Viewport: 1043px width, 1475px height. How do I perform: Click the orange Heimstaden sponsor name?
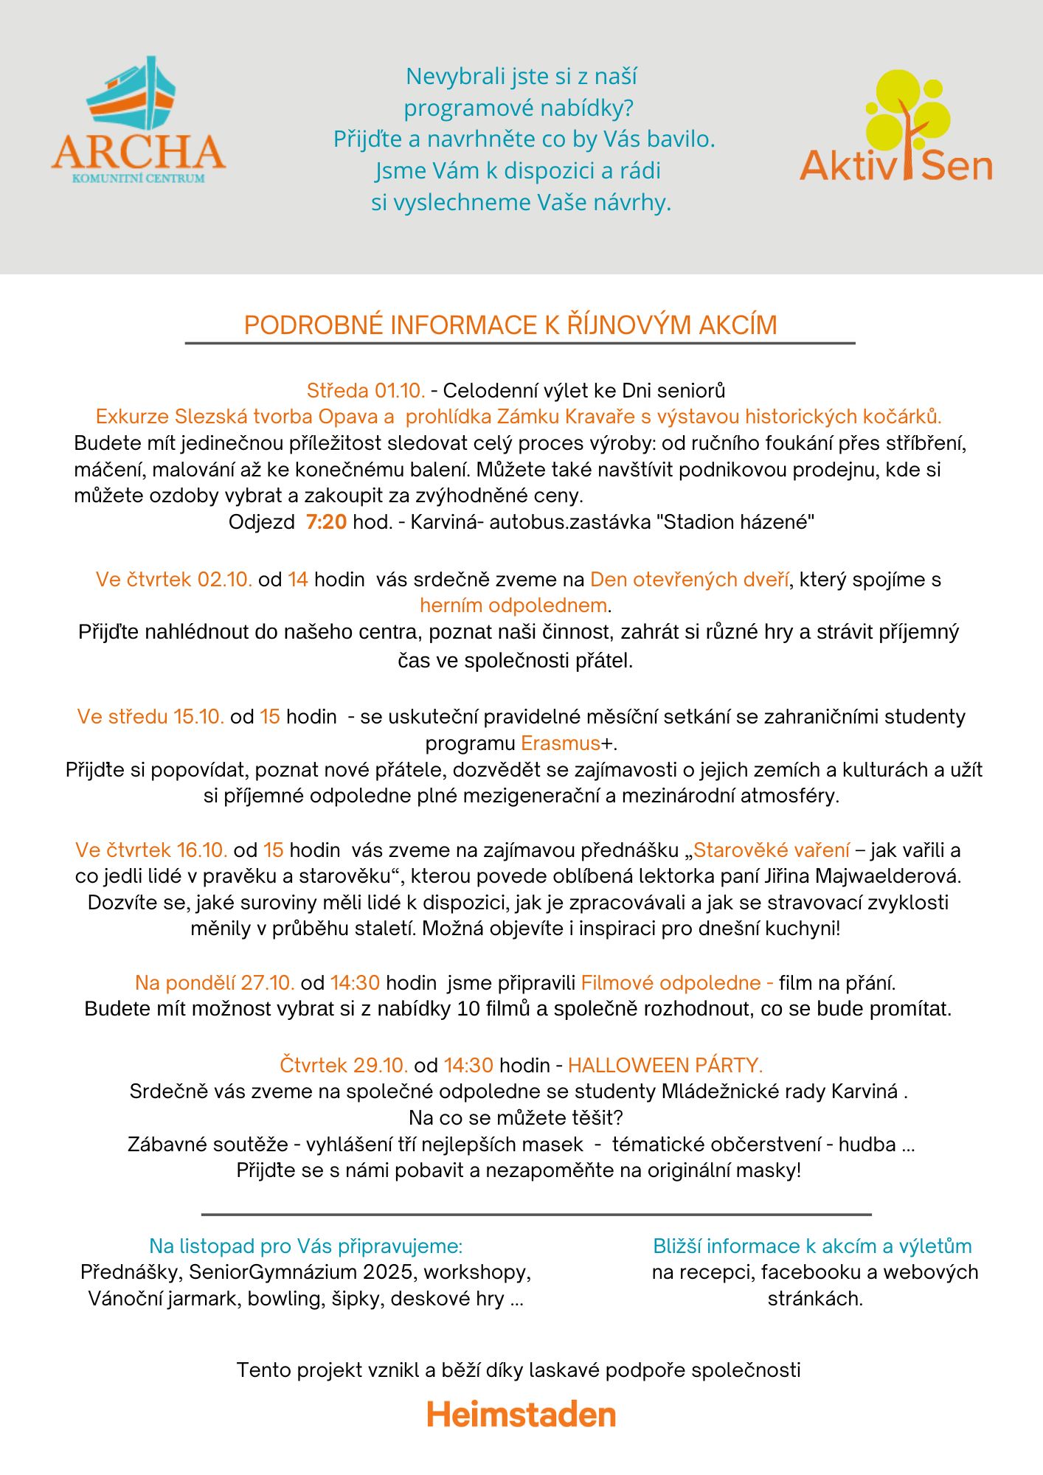(521, 1415)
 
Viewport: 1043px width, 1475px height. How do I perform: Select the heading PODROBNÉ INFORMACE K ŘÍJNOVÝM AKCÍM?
(510, 325)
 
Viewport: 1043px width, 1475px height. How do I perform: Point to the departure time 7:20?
(326, 522)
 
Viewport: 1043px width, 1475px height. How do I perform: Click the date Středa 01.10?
(366, 390)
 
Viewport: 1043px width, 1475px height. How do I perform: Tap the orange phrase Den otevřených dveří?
(690, 580)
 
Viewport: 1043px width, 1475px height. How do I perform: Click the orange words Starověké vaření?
(772, 850)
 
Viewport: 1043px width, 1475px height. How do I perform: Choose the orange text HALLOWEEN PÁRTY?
(665, 1065)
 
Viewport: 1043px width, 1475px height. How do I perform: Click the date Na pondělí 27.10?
(215, 982)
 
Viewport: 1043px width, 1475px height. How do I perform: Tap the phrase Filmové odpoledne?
(671, 982)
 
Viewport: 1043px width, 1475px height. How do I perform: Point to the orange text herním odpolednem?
(514, 605)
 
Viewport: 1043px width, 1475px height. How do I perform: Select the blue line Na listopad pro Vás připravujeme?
(306, 1246)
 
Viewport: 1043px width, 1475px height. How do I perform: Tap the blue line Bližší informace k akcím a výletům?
(812, 1246)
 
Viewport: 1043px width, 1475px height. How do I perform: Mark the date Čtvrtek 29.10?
(344, 1065)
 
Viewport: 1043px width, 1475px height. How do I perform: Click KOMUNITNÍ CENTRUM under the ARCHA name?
(139, 178)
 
